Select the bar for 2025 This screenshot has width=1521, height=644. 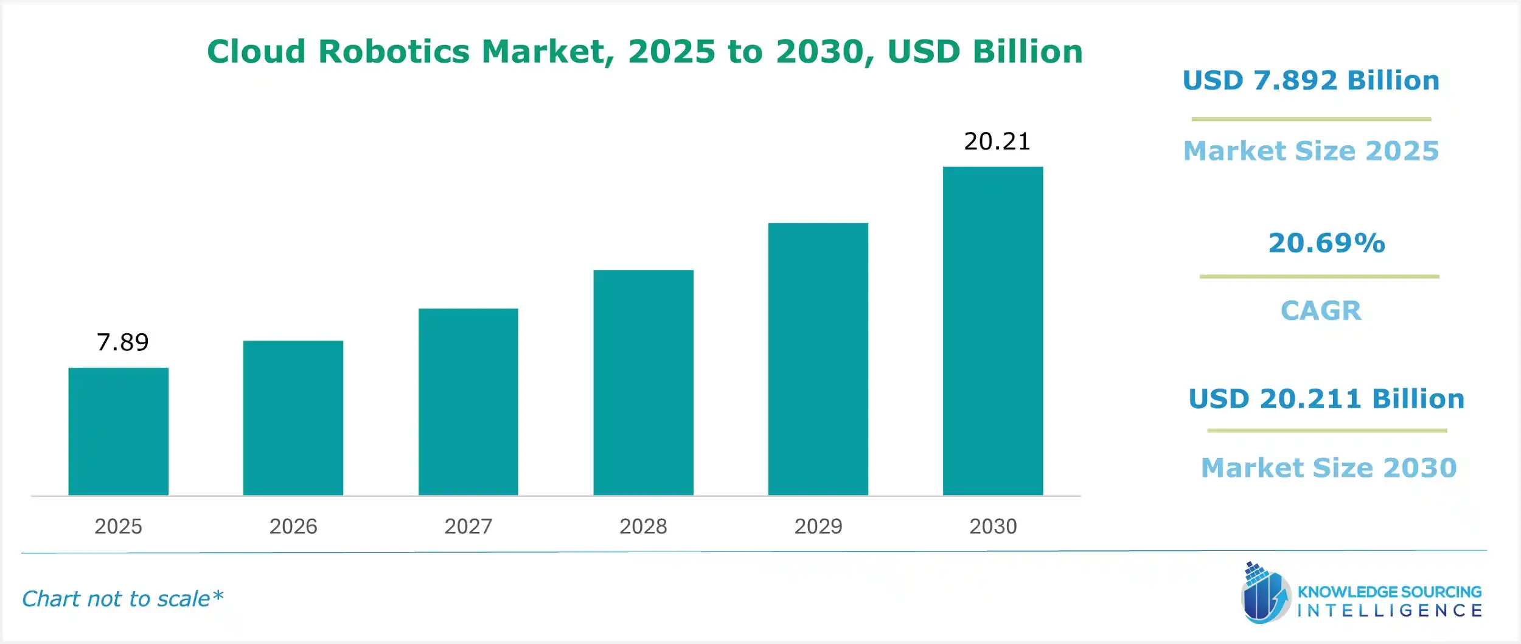click(118, 431)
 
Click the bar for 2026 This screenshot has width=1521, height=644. click(293, 418)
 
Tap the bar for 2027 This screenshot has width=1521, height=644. click(468, 402)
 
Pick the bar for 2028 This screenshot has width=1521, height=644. click(643, 383)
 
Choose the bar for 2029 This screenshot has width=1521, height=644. click(818, 359)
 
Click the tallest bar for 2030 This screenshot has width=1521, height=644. click(993, 331)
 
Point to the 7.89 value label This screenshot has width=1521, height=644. click(122, 342)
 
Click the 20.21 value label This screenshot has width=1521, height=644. click(997, 142)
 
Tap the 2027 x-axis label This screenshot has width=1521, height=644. click(468, 526)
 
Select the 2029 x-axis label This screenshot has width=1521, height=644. click(818, 526)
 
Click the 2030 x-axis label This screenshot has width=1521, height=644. click(993, 526)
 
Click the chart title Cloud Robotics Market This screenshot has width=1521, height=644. click(645, 51)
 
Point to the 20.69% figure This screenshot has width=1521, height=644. click(1326, 243)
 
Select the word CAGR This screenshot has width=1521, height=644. click(1321, 311)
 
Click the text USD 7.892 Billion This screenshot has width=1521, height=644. click(1311, 80)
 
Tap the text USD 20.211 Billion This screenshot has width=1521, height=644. click(1326, 399)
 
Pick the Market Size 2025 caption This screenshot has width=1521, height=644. click(1311, 151)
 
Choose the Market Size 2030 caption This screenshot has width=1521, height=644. click(1329, 468)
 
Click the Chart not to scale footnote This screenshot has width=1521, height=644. click(122, 599)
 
